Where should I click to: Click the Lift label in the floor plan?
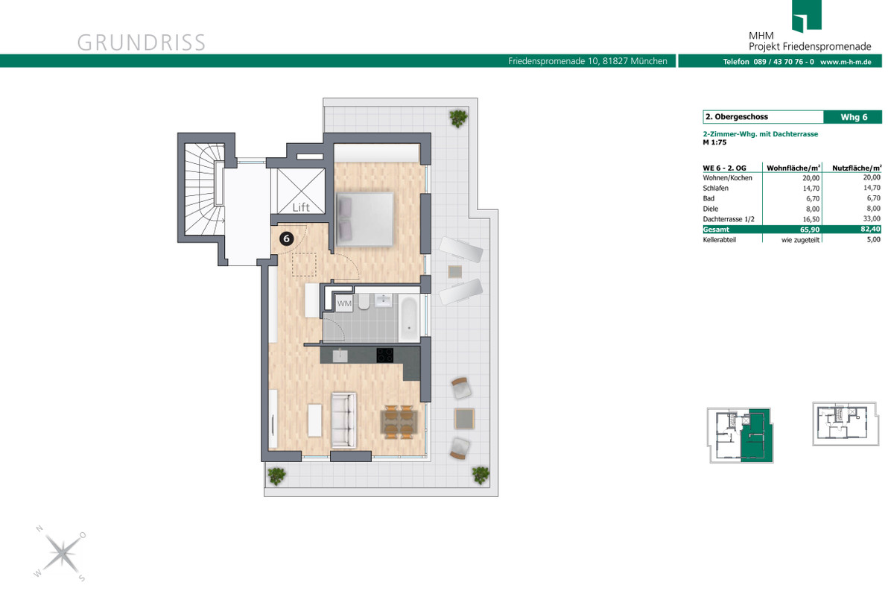(301, 207)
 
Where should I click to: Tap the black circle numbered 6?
(286, 238)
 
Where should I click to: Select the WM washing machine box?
(344, 303)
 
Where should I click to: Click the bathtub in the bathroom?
(409, 319)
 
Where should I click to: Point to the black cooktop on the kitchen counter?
(384, 355)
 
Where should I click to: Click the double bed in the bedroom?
(365, 219)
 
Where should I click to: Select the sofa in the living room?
(343, 420)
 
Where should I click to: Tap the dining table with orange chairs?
(399, 423)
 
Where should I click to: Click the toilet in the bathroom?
(364, 302)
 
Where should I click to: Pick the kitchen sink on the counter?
(340, 355)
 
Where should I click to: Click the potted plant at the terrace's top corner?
(458, 118)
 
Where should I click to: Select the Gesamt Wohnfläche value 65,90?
(810, 230)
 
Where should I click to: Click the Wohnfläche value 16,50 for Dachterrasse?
(811, 219)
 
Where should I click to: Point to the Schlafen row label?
(716, 188)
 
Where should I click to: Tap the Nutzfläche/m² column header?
(857, 168)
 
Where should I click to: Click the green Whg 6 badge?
(852, 117)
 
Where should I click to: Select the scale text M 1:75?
(714, 142)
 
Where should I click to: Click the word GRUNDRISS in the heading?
(142, 42)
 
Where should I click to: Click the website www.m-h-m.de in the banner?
(846, 62)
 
